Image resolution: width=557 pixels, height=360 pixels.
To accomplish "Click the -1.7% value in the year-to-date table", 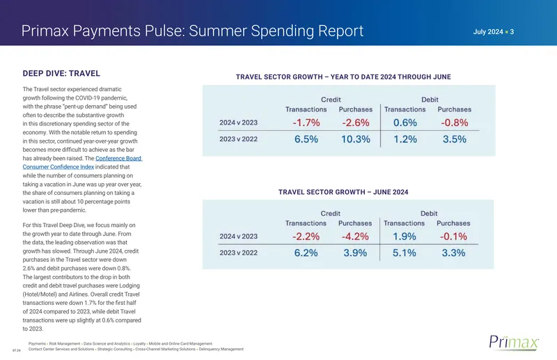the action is pos(306,123).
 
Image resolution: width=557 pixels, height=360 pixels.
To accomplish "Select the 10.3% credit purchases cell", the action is pos(356,139).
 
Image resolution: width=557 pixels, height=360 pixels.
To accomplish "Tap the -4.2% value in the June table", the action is pos(355,236).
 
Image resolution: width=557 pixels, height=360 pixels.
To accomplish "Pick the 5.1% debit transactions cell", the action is pos(405,253).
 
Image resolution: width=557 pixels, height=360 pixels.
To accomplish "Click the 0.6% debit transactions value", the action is pos(405,123).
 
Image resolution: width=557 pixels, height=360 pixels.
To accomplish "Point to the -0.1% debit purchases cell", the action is pos(453,236).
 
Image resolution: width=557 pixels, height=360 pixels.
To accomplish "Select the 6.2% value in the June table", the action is pos(306,253).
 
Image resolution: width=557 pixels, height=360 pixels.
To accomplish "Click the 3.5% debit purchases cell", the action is pos(455,139).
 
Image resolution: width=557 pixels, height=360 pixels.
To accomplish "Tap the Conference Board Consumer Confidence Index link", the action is pos(82,162).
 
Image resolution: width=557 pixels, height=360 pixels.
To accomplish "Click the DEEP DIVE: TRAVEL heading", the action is pos(61,74).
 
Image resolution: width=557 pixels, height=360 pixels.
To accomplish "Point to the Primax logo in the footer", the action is pos(514,342).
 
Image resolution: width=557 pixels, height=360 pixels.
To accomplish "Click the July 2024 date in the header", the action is pos(488,31).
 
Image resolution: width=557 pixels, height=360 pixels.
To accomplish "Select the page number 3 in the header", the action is pos(512,31).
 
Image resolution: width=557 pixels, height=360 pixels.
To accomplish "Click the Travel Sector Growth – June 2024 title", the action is pos(343,192).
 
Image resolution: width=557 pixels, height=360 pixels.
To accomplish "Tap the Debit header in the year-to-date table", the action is pos(430,100).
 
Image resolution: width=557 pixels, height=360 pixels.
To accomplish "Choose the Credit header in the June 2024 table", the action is pos(330,213).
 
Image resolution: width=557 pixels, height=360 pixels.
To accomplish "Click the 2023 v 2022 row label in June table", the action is pos(238,253).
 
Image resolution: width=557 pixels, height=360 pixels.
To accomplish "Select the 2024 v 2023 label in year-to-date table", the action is pos(238,123).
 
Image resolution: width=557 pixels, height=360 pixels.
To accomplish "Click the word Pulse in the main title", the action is pos(164,31).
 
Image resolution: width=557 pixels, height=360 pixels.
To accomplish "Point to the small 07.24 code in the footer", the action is pos(16,350).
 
